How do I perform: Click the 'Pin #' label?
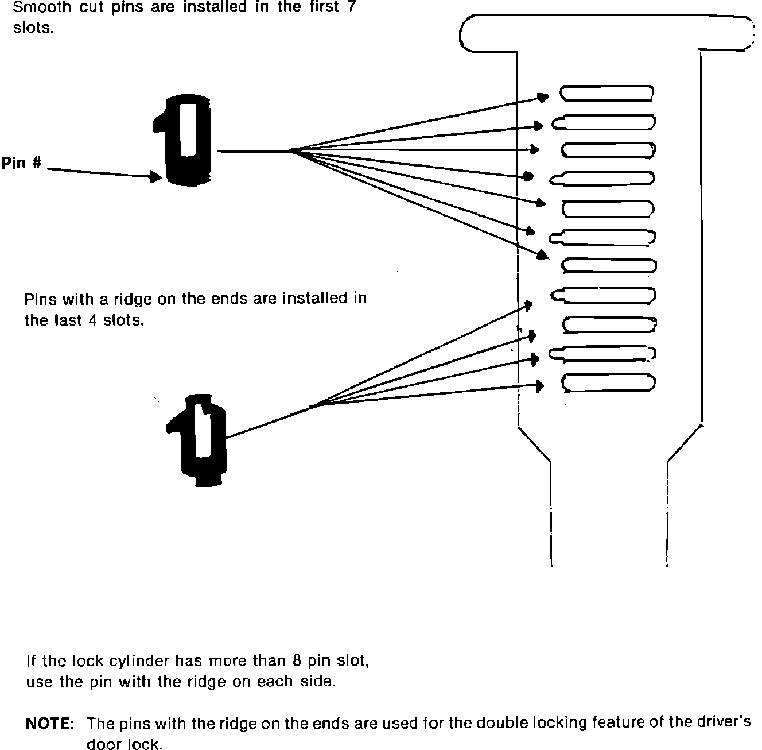(x=21, y=163)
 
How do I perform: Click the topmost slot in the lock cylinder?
(x=607, y=93)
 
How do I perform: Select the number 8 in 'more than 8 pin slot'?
(x=296, y=660)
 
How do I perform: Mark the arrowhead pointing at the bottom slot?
(x=539, y=385)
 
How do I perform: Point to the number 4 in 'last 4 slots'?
(x=93, y=320)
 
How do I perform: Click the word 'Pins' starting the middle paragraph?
(x=40, y=299)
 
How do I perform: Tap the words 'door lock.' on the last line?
(x=124, y=744)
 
